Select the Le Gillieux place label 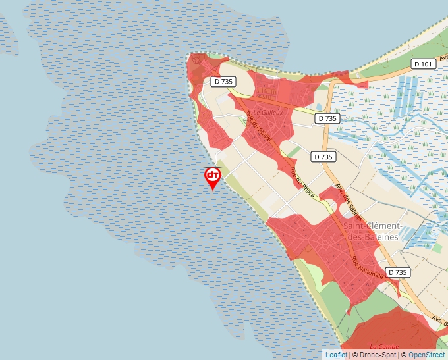(267, 113)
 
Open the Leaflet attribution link (336, 355)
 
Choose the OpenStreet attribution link (426, 355)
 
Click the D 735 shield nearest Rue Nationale (397, 272)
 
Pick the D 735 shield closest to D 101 (327, 118)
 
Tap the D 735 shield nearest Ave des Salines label (323, 157)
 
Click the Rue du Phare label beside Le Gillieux (258, 124)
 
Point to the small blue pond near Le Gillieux (319, 107)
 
